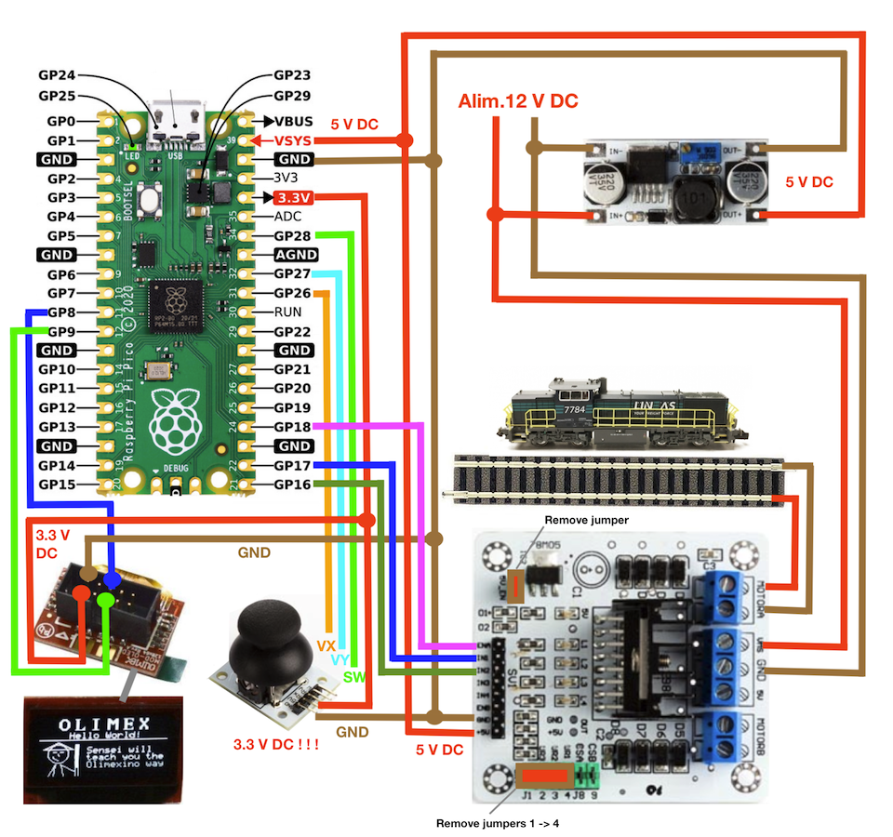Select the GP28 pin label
pyautogui.click(x=292, y=236)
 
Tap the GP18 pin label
pyautogui.click(x=292, y=427)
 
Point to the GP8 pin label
pyautogui.click(x=60, y=312)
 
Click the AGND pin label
pyautogui.click(x=295, y=255)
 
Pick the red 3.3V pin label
pyautogui.click(x=295, y=198)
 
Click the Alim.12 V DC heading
pyautogui.click(x=518, y=101)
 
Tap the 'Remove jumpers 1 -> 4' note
pyautogui.click(x=498, y=823)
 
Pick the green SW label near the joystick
pyautogui.click(x=354, y=677)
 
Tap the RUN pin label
pyautogui.click(x=287, y=312)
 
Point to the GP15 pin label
pyautogui.click(x=57, y=485)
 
